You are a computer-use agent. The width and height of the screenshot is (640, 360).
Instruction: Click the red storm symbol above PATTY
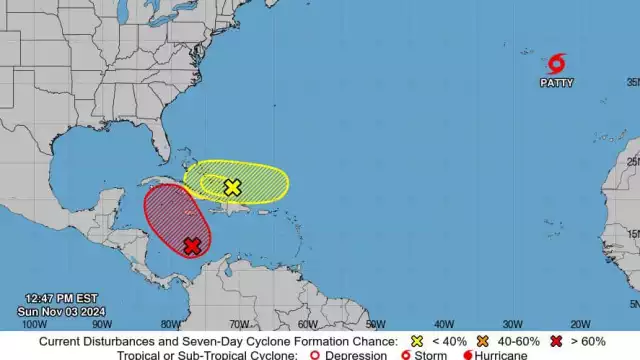pos(557,63)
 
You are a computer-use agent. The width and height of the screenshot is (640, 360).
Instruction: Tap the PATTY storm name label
pos(557,83)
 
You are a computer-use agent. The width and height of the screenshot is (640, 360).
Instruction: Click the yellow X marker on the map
pos(233,187)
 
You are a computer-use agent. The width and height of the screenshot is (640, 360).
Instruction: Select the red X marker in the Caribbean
pos(191,246)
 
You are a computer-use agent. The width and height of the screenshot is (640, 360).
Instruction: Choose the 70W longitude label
pos(238,324)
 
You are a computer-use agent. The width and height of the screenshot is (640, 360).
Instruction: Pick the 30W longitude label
pos(511,324)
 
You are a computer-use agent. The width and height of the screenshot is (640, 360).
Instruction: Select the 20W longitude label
pos(579,324)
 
